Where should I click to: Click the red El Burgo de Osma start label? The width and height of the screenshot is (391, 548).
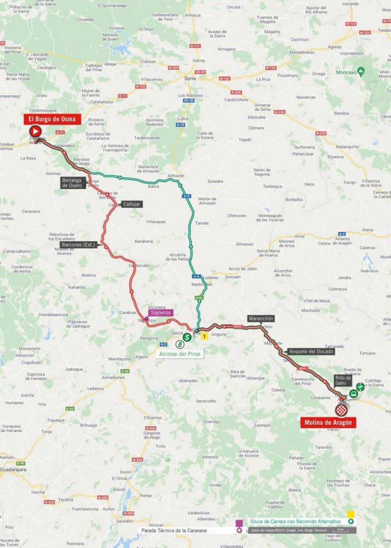52,119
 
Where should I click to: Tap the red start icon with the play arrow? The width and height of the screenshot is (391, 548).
35,131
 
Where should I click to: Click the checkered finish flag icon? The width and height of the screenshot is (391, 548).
342,410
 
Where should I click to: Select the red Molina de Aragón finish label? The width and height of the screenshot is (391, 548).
328,422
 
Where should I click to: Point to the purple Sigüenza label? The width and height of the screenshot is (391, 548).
162,312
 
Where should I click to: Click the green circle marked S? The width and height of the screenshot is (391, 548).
187,337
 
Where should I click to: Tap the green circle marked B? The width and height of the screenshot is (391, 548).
179,344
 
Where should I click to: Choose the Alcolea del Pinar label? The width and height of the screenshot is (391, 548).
180,354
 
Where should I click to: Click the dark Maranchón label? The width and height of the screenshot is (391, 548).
260,318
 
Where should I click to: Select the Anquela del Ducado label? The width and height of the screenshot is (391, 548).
310,351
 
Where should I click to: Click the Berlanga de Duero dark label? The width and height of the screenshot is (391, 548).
73,183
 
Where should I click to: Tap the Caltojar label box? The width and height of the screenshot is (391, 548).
131,203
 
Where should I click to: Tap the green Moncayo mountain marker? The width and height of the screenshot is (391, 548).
361,72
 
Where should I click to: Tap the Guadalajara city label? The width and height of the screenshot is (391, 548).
13,469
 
